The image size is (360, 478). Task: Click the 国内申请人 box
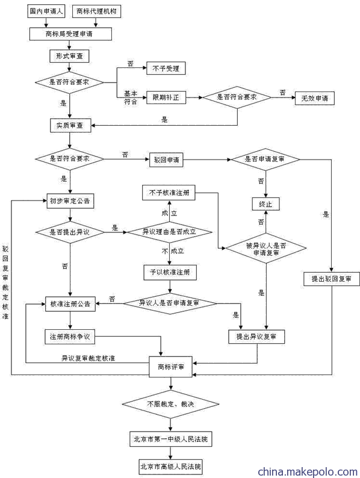[x=46, y=11]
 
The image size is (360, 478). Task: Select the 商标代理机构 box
[x=96, y=11]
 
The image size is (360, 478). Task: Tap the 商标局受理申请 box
[x=70, y=34]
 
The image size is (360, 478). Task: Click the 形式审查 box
[x=69, y=56]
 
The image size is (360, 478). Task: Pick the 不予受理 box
[x=166, y=68]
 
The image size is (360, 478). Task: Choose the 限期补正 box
[x=166, y=98]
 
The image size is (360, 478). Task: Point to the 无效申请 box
[x=315, y=98]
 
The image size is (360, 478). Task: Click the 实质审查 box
[x=70, y=125]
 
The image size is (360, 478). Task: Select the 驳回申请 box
[x=166, y=160]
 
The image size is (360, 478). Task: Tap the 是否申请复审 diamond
[x=265, y=159]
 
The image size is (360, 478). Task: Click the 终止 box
[x=265, y=204]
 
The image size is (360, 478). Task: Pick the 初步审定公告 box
[x=70, y=201]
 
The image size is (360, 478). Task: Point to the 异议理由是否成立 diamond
[x=170, y=232]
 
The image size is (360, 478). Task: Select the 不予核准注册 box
[x=169, y=193]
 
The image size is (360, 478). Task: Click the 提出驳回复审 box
[x=332, y=279]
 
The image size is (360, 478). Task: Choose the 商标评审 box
[x=171, y=367]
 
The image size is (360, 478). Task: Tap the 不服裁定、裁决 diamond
[x=170, y=404]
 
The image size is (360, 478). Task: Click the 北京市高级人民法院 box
[x=171, y=467]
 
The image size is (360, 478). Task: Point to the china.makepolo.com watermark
[x=308, y=472]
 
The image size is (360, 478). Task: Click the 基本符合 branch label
[x=131, y=98]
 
